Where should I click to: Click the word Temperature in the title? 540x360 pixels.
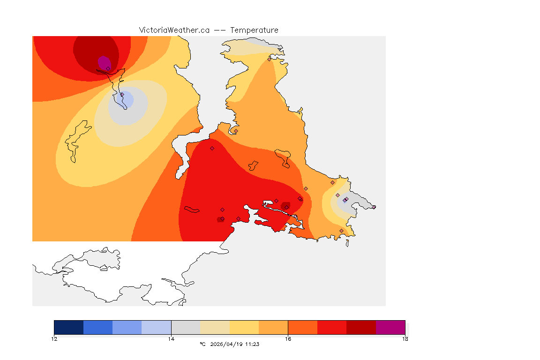254,30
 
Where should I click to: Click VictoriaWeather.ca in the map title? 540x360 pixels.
174,30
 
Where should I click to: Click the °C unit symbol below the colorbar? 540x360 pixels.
202,344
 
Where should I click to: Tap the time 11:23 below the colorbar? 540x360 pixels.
252,344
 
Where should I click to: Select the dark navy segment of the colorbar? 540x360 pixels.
69,327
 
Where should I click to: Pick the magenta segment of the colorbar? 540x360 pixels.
390,327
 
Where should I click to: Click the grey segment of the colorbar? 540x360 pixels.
186,327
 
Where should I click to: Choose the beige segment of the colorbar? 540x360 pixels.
215,327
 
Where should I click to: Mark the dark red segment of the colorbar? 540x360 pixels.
361,327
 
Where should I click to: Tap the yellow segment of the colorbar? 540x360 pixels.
244,327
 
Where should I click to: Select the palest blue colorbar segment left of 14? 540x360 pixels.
157,327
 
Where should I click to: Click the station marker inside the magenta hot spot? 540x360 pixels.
108,68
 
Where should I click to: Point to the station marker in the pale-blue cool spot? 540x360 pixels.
122,95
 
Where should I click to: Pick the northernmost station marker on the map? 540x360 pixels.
269,59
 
